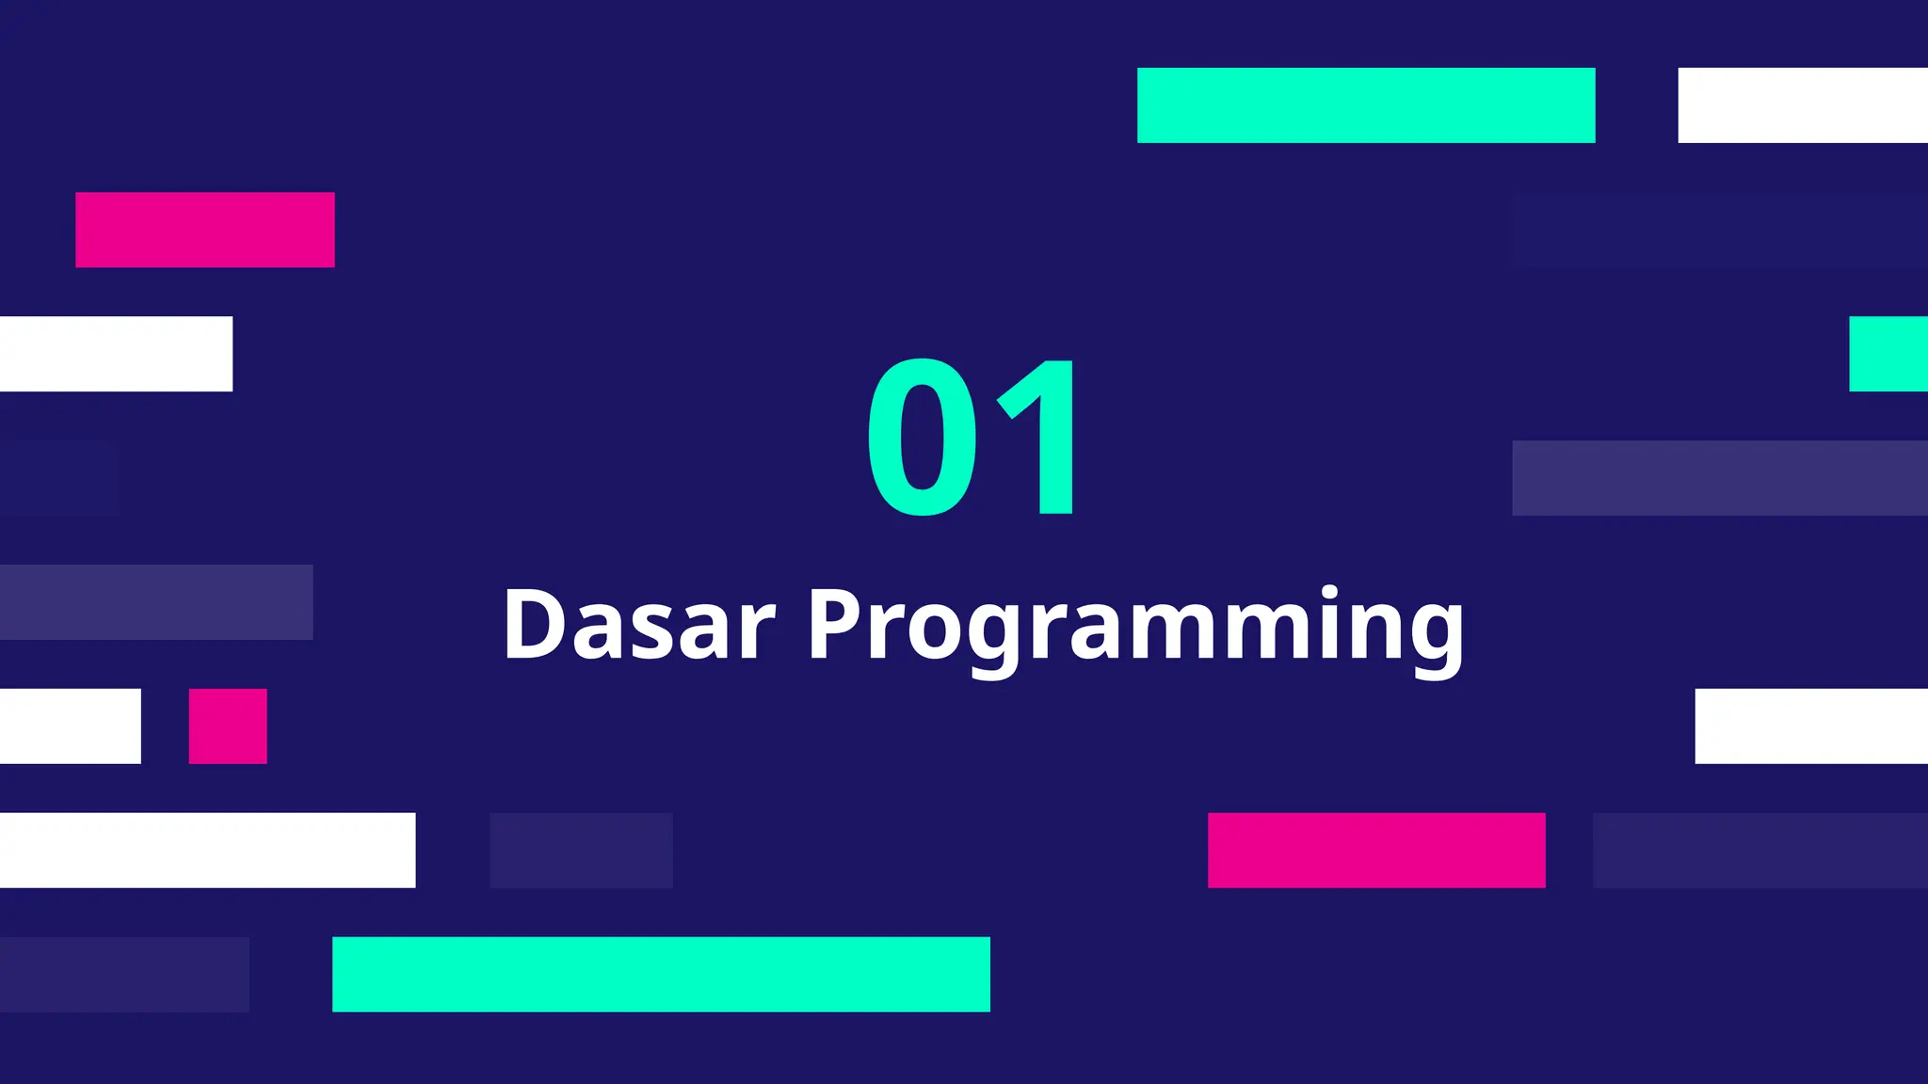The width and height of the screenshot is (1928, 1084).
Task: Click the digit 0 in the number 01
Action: click(x=923, y=438)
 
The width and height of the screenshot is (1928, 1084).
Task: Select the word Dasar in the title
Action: click(x=640, y=625)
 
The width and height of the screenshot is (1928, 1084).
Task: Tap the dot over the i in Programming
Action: click(x=1329, y=592)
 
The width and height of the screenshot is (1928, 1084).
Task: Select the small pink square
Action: click(x=228, y=726)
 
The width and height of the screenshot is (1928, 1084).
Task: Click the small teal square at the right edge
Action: click(x=1888, y=354)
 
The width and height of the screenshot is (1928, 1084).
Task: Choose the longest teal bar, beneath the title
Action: click(x=661, y=974)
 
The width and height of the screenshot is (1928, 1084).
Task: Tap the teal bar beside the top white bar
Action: click(x=1366, y=105)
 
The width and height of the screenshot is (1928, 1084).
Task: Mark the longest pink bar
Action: click(x=1376, y=850)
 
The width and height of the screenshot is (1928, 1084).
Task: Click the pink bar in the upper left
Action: click(x=205, y=230)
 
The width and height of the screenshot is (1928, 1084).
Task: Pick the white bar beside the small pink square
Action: click(x=71, y=726)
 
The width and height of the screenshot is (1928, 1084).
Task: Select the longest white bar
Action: click(x=207, y=850)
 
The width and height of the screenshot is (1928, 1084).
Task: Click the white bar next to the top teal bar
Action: click(x=1803, y=105)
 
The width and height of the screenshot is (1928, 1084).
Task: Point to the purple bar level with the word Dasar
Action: click(x=156, y=602)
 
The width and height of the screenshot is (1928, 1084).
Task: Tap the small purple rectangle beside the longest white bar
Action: click(x=581, y=850)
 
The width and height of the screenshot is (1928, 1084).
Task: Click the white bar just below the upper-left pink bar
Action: click(x=116, y=354)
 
